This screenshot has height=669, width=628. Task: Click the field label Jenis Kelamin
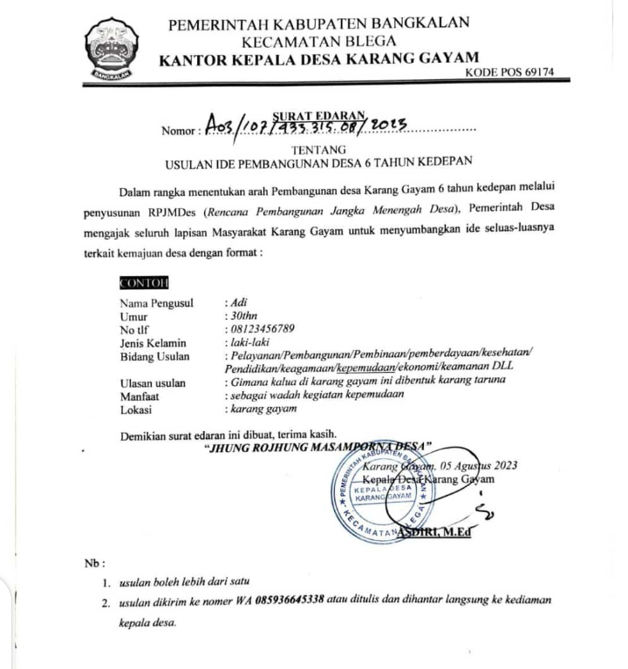pos(154,342)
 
